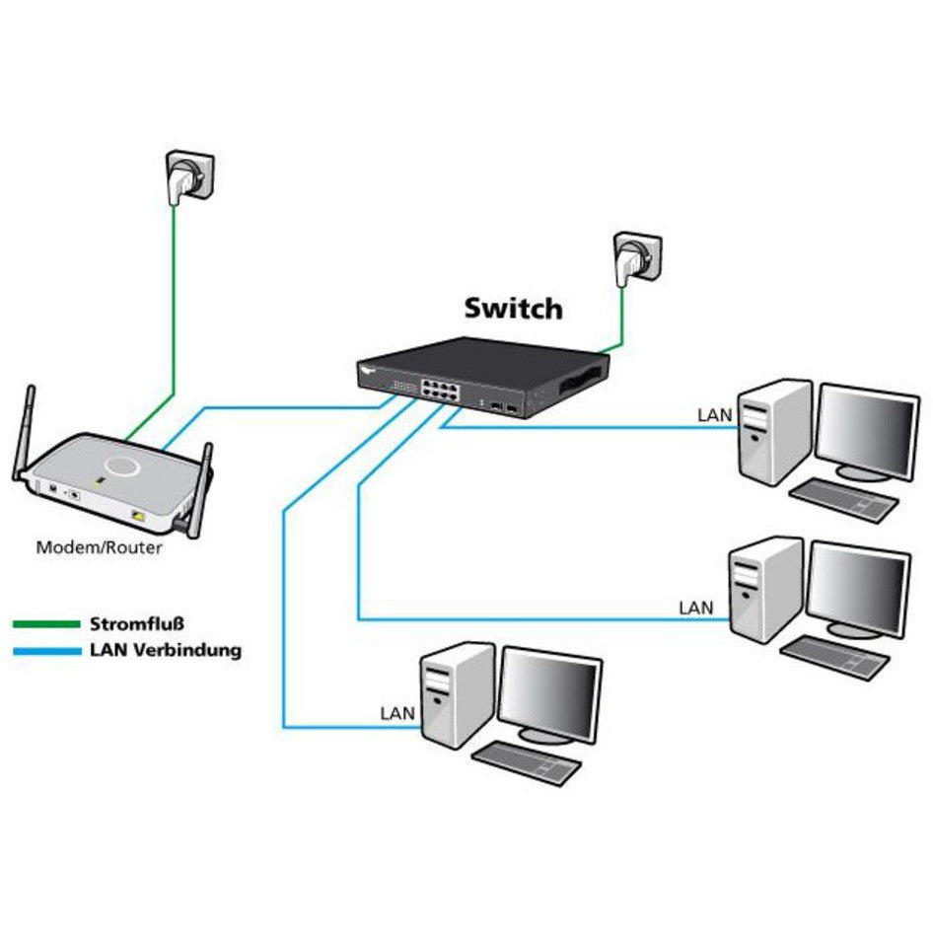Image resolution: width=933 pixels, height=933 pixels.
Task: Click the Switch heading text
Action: tap(513, 309)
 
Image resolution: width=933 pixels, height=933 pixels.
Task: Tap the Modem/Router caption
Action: tap(99, 547)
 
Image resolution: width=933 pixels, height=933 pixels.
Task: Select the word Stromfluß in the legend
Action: tap(137, 624)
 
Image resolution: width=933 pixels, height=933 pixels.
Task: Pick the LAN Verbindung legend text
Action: tap(165, 651)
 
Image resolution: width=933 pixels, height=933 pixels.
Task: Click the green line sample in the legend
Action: tap(45, 624)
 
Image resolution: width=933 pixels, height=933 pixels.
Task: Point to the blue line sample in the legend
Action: tap(45, 651)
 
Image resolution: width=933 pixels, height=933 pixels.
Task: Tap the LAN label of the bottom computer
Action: tap(398, 712)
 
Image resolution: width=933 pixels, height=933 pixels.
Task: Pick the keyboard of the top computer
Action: tap(844, 499)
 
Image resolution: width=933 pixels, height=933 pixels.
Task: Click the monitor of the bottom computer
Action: tap(549, 695)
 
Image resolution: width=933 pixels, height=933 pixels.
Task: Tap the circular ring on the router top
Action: tap(123, 465)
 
